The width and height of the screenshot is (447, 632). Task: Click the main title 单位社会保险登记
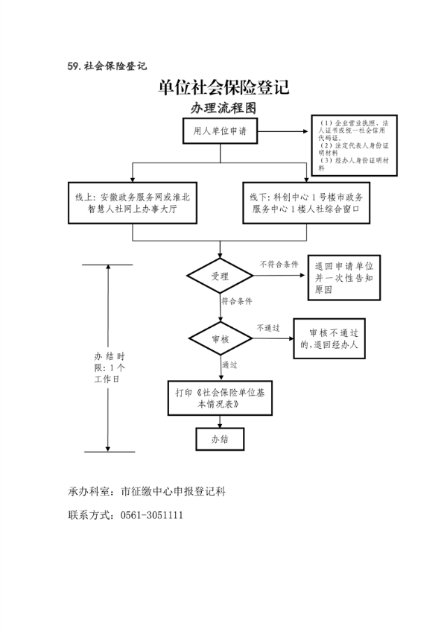(223, 88)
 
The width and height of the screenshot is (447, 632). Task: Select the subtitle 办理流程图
(223, 108)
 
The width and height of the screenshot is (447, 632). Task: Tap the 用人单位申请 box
(220, 132)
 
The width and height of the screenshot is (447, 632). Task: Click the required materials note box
(353, 145)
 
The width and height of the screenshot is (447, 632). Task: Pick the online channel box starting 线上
(133, 203)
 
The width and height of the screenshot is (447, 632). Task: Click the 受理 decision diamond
(220, 276)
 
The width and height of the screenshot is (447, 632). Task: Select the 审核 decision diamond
(220, 339)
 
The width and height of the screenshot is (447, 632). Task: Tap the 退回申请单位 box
(343, 276)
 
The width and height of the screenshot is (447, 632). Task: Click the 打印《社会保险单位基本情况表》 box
(220, 396)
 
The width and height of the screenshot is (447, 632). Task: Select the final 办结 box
(220, 440)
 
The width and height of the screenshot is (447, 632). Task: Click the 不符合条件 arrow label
(279, 265)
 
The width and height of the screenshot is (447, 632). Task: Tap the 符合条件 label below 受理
(237, 301)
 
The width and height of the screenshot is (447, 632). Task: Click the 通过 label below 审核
(229, 365)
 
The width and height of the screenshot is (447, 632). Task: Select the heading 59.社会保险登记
(107, 66)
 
